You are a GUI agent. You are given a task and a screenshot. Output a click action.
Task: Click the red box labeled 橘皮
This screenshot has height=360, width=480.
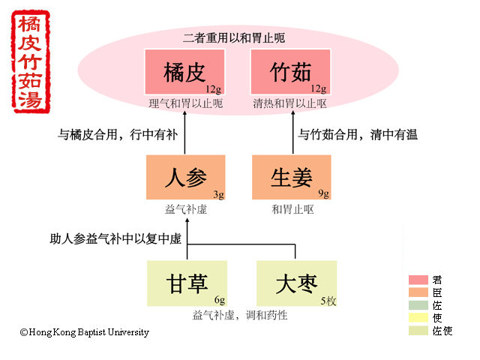(184, 72)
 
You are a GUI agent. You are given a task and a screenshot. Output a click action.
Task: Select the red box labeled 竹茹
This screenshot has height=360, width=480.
(290, 72)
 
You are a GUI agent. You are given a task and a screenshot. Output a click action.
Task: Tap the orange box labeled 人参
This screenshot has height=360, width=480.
(185, 178)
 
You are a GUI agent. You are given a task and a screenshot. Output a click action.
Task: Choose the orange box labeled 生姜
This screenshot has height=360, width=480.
(291, 178)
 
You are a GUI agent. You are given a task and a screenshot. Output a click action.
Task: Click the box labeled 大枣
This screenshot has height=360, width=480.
(295, 284)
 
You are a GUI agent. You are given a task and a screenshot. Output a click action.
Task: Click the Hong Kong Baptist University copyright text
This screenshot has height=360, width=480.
(85, 332)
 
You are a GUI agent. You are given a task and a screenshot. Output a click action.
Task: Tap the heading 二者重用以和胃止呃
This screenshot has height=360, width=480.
(233, 37)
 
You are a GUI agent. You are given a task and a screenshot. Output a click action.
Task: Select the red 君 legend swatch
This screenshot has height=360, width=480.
(418, 279)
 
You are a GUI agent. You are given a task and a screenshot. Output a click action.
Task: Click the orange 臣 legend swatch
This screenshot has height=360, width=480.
(418, 292)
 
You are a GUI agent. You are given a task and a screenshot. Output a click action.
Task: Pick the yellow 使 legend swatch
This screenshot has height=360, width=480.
(418, 317)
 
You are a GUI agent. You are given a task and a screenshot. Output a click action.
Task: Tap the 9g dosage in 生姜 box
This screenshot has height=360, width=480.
(322, 194)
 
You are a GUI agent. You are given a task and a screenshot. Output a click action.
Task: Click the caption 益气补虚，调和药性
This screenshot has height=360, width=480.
(240, 315)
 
